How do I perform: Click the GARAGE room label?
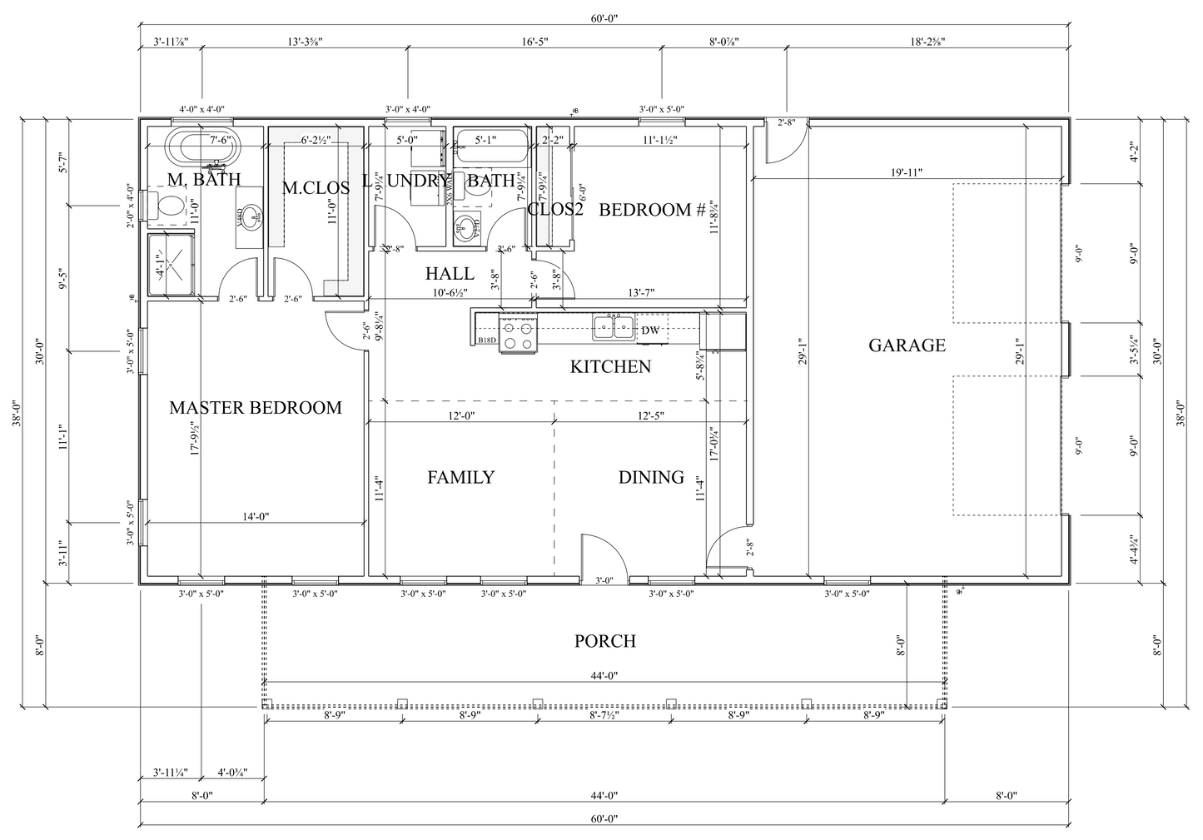tap(907, 345)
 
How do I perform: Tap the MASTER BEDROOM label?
tap(256, 408)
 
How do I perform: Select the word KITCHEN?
tap(610, 366)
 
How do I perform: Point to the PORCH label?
tap(605, 641)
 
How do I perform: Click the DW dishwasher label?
tap(651, 331)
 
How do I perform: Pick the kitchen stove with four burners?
tap(516, 335)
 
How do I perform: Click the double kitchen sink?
tap(614, 327)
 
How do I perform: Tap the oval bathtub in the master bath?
tap(204, 147)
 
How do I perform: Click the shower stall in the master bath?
tap(172, 265)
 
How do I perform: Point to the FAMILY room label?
tap(460, 477)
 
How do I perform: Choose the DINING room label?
tap(651, 477)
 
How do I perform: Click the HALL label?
tap(450, 273)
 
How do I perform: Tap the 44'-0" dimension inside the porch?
tap(605, 676)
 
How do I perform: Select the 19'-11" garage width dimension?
tap(907, 172)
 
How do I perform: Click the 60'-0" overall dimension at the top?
tap(605, 18)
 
